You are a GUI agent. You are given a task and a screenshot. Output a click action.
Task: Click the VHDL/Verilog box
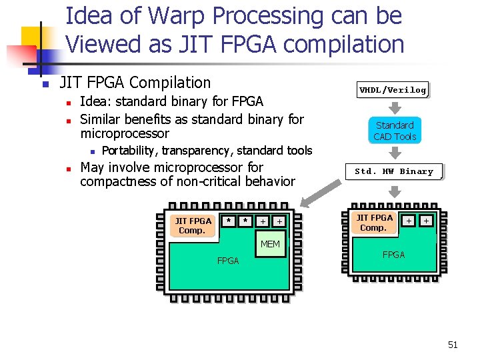click(x=393, y=90)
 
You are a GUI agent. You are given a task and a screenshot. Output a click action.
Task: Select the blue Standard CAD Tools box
click(x=395, y=131)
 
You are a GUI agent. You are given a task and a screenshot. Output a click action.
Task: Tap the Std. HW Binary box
click(x=393, y=171)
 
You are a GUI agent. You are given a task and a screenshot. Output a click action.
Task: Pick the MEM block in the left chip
click(x=270, y=245)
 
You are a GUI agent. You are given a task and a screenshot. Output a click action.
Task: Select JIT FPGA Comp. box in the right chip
click(x=373, y=223)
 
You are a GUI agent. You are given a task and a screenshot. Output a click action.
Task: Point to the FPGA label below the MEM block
click(x=228, y=261)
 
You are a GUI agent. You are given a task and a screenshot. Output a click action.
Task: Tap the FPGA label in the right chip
click(x=393, y=255)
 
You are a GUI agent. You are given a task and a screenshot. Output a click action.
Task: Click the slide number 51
click(x=453, y=345)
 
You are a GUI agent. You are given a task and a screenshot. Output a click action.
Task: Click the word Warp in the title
click(x=174, y=15)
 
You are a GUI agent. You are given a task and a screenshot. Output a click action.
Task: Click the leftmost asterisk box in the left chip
click(x=229, y=221)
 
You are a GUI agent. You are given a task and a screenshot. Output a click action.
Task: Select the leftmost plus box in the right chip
click(x=409, y=220)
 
